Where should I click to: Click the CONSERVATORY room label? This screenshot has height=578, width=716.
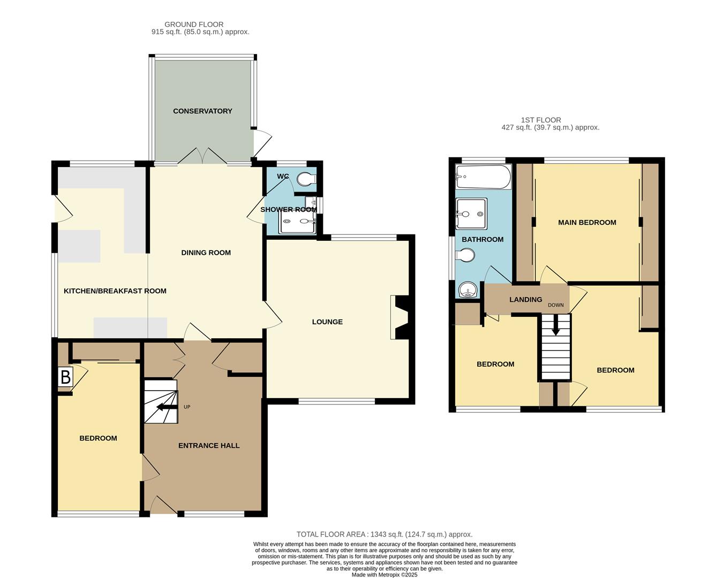(x=202, y=111)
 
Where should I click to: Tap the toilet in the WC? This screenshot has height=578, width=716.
(x=307, y=179)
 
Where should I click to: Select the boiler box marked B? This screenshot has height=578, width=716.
(x=65, y=377)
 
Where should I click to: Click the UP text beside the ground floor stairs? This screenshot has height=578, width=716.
(x=187, y=407)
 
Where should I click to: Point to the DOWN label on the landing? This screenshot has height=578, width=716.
(x=555, y=305)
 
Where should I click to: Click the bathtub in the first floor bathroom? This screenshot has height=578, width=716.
(x=483, y=177)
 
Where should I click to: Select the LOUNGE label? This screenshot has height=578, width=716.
(x=327, y=322)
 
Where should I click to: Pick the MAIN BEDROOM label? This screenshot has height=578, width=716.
(x=587, y=222)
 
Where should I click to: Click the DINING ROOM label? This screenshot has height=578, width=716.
(x=206, y=253)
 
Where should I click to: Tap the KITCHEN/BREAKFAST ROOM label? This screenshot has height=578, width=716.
(x=115, y=291)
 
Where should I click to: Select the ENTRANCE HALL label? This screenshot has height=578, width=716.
(x=209, y=445)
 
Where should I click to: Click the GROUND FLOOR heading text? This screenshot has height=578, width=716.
(x=194, y=24)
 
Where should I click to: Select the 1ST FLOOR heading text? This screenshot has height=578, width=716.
(x=541, y=120)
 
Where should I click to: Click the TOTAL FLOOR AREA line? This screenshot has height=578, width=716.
(x=385, y=534)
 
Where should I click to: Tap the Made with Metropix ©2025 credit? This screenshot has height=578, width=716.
(x=385, y=575)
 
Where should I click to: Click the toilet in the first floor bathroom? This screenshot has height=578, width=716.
(x=464, y=257)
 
